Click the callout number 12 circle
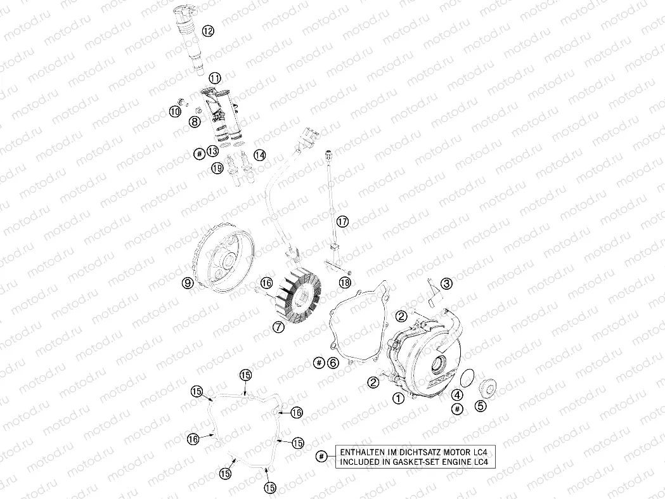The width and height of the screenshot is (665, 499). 208,30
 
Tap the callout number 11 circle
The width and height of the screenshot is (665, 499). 215,78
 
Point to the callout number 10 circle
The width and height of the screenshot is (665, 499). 175,112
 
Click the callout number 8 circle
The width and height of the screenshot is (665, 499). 194,120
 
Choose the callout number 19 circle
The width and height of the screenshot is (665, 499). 217,168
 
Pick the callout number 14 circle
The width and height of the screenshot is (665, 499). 259,154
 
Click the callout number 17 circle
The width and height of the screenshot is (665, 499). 342,221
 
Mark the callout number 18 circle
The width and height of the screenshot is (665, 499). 345,282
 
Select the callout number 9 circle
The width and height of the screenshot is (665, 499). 188,283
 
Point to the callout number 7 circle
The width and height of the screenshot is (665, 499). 278,327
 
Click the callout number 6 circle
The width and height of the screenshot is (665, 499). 333,362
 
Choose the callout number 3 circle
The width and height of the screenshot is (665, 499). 447,283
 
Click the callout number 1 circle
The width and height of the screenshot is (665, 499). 398,398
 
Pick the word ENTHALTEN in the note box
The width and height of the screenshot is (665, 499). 363,452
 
